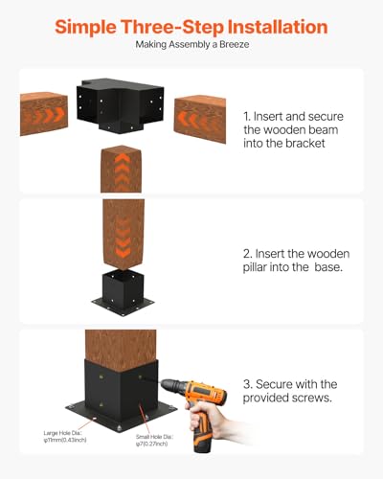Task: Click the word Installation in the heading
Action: (x=275, y=26)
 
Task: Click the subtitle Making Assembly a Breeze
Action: (x=191, y=45)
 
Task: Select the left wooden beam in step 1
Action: (x=46, y=114)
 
